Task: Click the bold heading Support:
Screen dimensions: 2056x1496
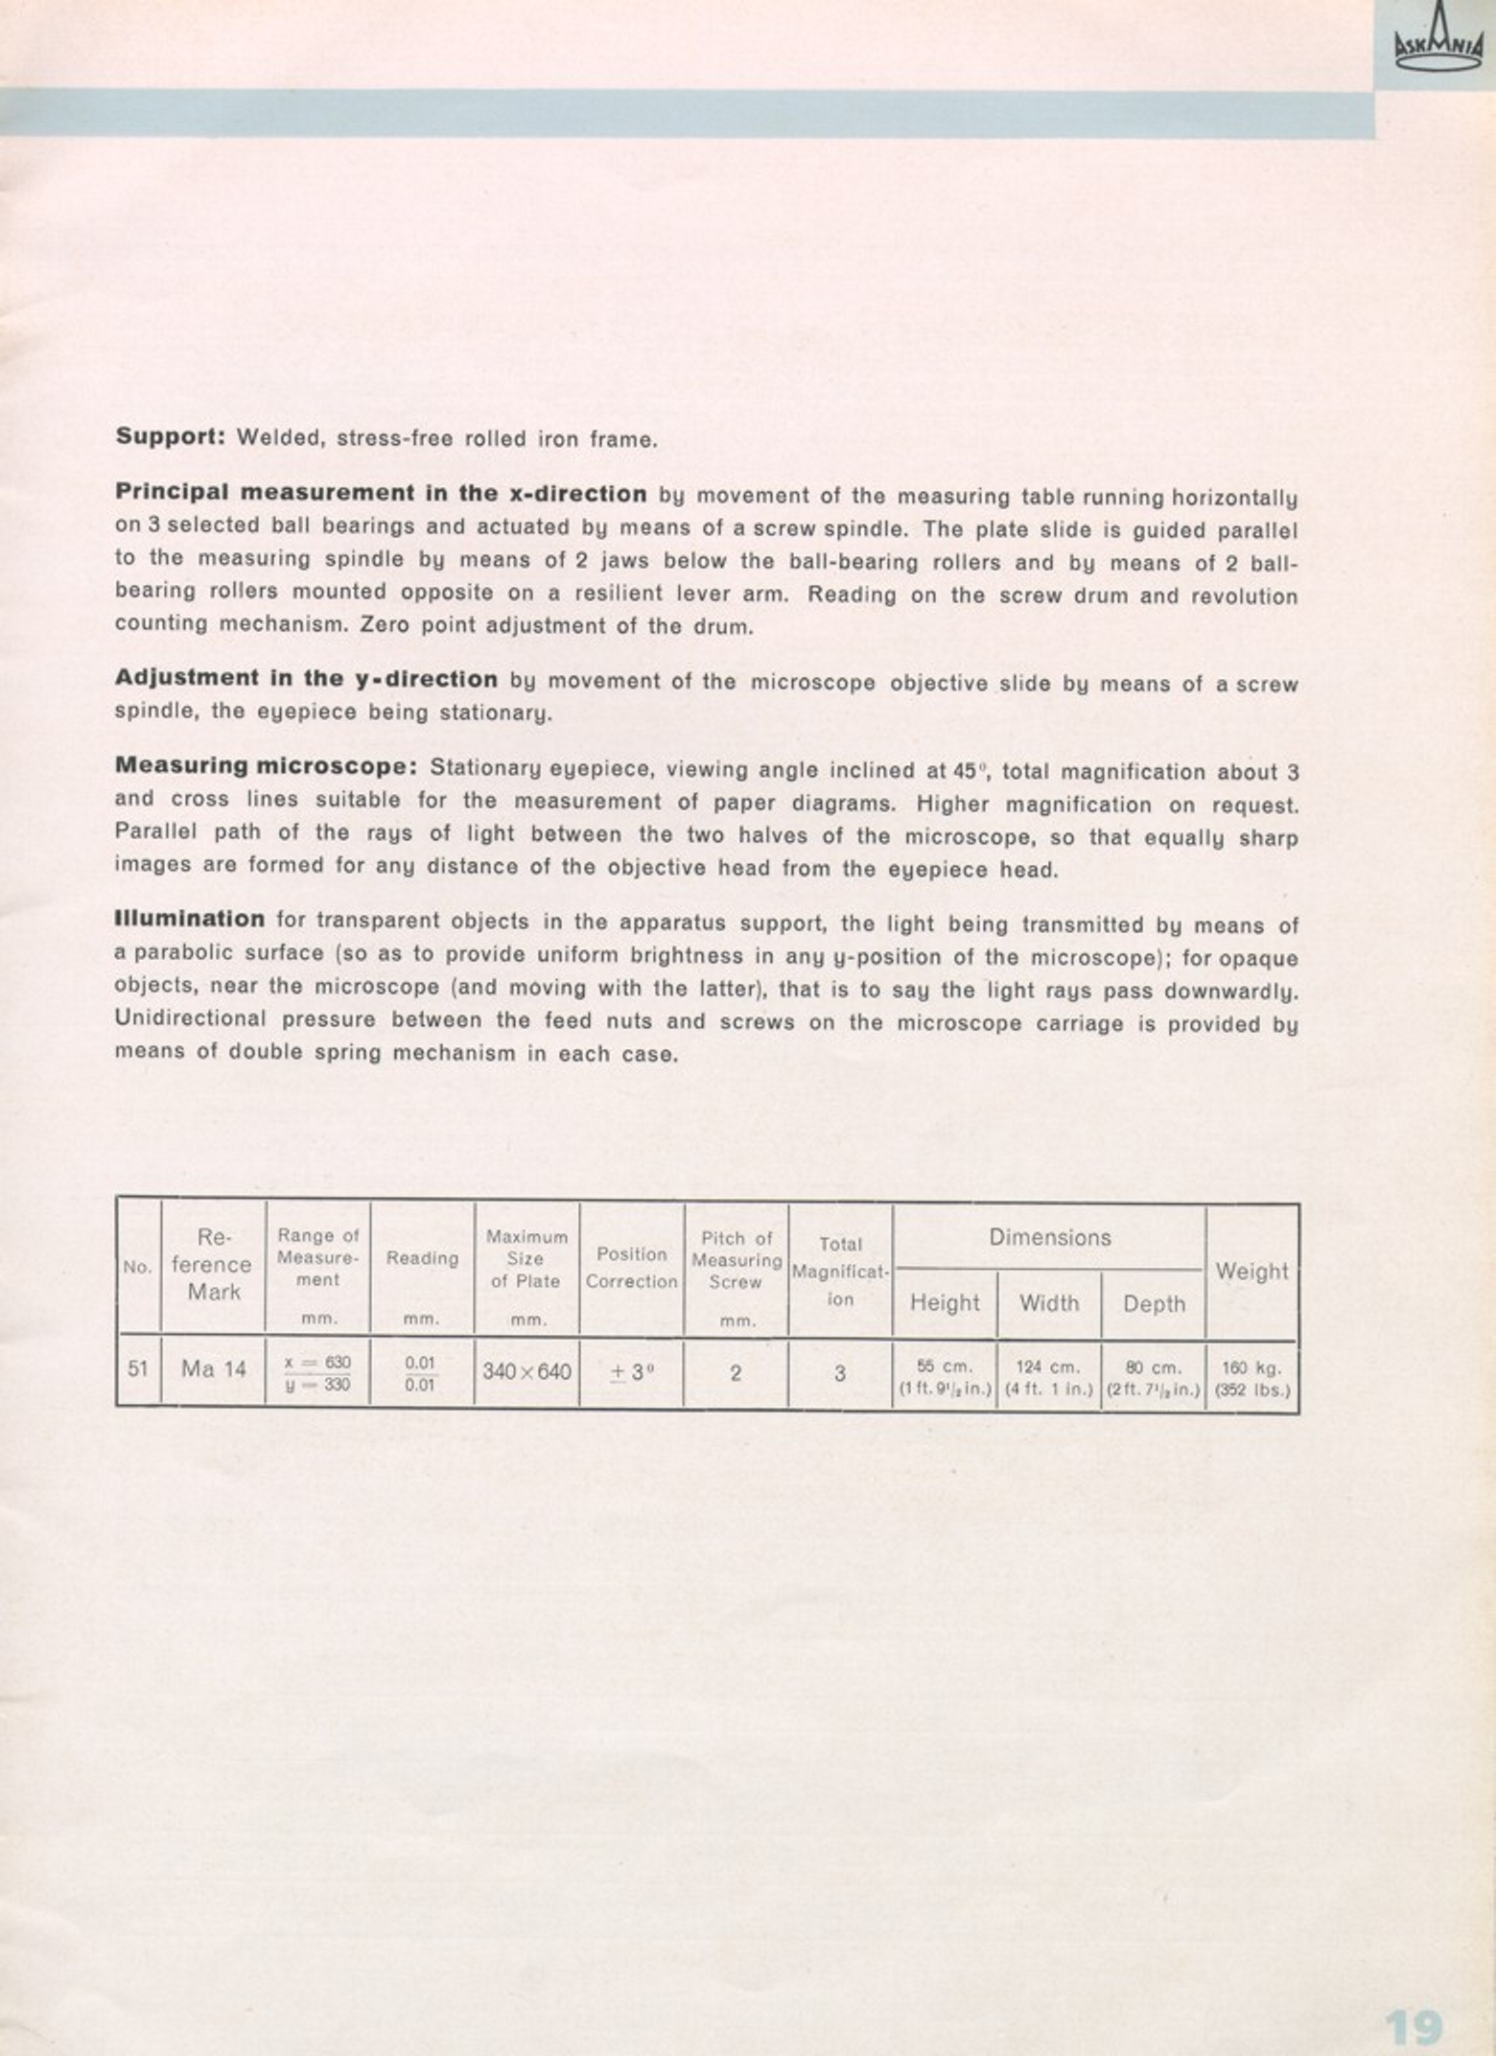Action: pyautogui.click(x=170, y=437)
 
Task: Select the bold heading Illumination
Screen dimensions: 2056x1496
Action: pyautogui.click(x=189, y=919)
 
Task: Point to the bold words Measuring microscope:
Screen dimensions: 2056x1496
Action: pyautogui.click(x=265, y=767)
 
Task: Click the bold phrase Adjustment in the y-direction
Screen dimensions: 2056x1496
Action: pyautogui.click(x=306, y=679)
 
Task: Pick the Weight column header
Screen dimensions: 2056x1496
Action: pyautogui.click(x=1251, y=1272)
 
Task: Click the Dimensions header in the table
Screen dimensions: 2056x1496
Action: pyautogui.click(x=1049, y=1238)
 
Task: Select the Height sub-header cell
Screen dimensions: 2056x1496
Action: pyautogui.click(x=945, y=1303)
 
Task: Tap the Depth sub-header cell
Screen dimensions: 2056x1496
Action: pyautogui.click(x=1154, y=1304)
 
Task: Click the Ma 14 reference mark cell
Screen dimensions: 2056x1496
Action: pyautogui.click(x=214, y=1369)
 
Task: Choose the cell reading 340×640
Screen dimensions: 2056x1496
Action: pyautogui.click(x=526, y=1372)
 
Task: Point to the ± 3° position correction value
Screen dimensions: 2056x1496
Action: pyautogui.click(x=632, y=1372)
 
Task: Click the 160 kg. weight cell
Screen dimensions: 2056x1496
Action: pyautogui.click(x=1251, y=1378)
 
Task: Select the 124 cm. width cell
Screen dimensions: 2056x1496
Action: pyautogui.click(x=1049, y=1378)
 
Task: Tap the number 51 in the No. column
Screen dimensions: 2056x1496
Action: pyautogui.click(x=138, y=1369)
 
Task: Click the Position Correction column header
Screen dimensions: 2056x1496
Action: pyautogui.click(x=632, y=1268)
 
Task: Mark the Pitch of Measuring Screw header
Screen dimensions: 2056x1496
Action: pyautogui.click(x=736, y=1260)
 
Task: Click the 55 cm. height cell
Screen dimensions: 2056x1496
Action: pyautogui.click(x=945, y=1378)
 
